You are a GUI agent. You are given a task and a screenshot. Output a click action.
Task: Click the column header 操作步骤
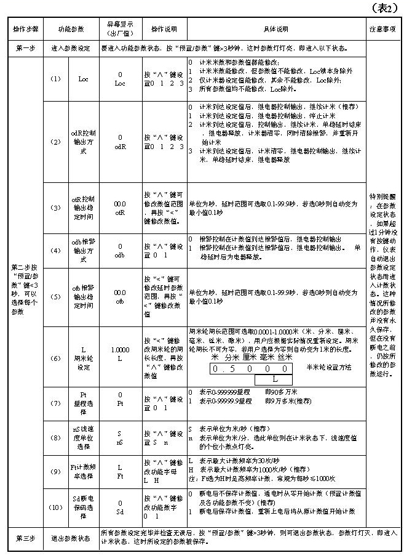pos(25,30)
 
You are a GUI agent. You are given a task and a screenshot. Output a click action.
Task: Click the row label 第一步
pos(25,47)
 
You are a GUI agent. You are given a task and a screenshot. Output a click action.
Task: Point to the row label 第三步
pos(25,538)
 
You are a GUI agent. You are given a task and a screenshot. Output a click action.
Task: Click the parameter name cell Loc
pos(84,79)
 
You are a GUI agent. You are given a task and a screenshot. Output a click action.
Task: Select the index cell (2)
pos(56,142)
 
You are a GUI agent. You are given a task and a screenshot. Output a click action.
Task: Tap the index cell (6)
pos(56,358)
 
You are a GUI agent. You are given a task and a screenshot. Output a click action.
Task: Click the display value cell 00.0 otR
pos(120,208)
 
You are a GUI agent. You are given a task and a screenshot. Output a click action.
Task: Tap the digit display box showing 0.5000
pos(250,368)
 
